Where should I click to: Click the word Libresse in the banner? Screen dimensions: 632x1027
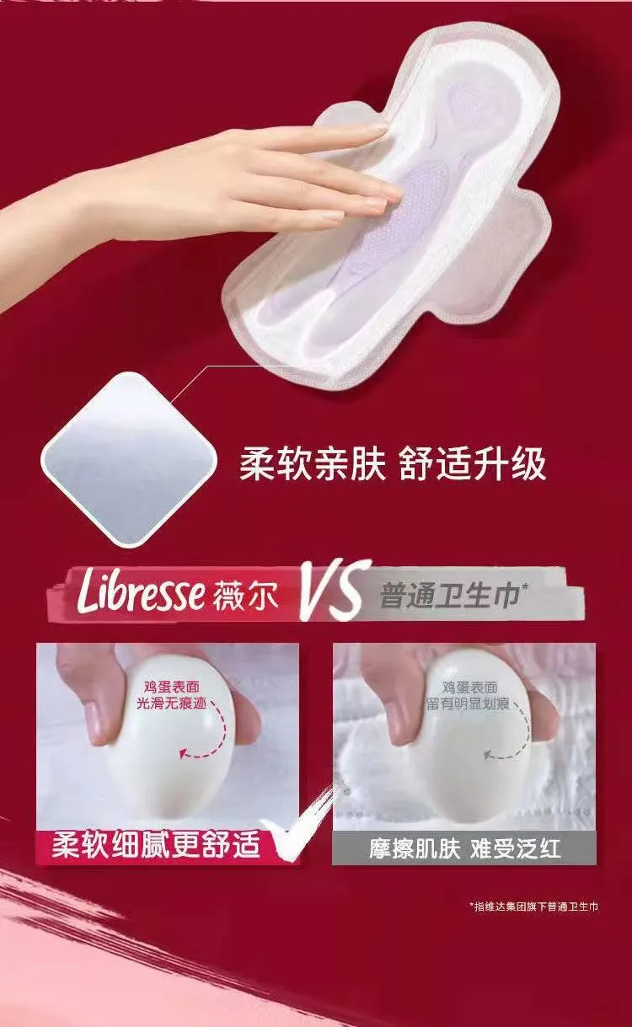[x=139, y=594]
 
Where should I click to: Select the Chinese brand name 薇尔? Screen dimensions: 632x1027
[x=245, y=596]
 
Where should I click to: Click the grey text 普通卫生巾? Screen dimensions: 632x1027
[x=449, y=596]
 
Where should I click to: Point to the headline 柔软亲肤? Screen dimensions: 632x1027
[x=312, y=464]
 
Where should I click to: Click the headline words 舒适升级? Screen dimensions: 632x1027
[x=473, y=464]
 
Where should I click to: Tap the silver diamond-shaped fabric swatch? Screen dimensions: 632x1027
[x=131, y=459]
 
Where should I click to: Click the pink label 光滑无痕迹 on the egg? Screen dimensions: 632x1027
[x=171, y=703]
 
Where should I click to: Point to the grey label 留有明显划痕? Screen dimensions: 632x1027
[x=469, y=703]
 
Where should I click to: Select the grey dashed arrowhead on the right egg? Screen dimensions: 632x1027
[x=489, y=753]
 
